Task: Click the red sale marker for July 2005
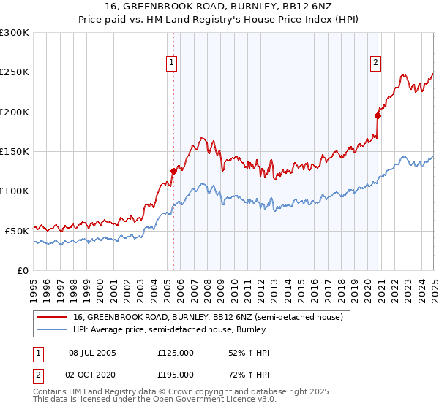tap(173, 171)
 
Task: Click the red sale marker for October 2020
tap(378, 115)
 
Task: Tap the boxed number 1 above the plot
tap(171, 64)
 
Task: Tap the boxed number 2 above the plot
tap(375, 64)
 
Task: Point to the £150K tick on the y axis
tap(15, 151)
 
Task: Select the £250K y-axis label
tap(15, 72)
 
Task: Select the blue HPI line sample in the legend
tap(50, 329)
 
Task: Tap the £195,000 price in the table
tap(176, 376)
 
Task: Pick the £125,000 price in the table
tap(176, 352)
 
